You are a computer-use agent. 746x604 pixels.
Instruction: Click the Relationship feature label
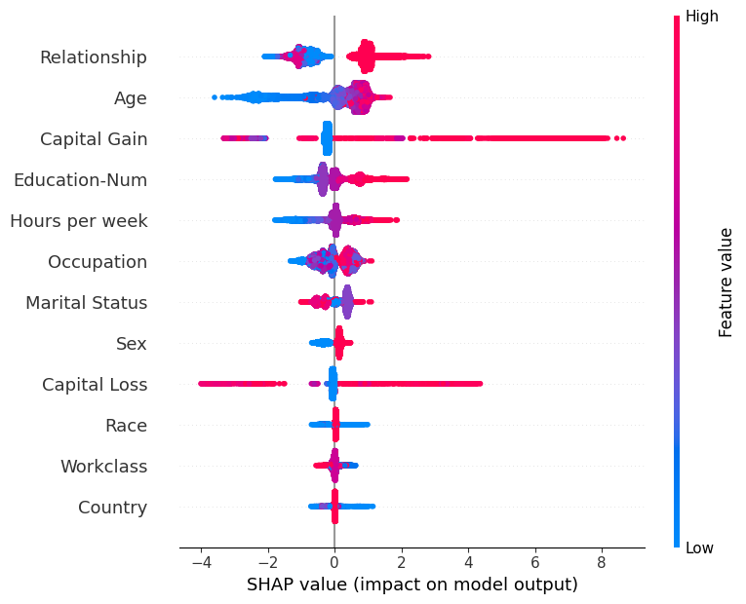pos(94,57)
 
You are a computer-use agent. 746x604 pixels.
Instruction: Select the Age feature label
pos(131,98)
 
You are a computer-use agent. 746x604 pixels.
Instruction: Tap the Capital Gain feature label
pos(94,139)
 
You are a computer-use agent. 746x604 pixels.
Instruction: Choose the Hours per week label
pos(79,221)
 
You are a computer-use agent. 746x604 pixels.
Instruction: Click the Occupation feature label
pos(98,262)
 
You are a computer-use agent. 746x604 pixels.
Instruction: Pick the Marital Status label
pos(87,303)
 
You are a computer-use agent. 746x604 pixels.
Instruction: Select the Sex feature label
pos(132,344)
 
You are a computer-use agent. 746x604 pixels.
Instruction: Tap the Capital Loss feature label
pos(95,385)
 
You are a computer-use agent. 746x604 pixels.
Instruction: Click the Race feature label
pos(126,426)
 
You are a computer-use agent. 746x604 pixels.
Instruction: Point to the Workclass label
pos(103,467)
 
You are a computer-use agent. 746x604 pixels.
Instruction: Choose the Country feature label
pos(112,508)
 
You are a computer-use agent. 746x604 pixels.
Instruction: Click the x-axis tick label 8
pos(602,563)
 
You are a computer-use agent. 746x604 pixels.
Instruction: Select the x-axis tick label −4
pos(201,563)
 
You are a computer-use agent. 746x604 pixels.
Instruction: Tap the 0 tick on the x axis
pos(334,563)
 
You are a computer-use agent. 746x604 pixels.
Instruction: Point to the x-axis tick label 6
pos(535,563)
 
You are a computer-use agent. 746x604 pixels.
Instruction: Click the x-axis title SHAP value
pos(412,585)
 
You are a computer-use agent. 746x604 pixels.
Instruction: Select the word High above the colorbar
pos(702,16)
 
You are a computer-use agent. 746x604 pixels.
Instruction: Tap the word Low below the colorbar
pos(699,548)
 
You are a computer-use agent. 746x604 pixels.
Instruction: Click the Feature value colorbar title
pos(726,283)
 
